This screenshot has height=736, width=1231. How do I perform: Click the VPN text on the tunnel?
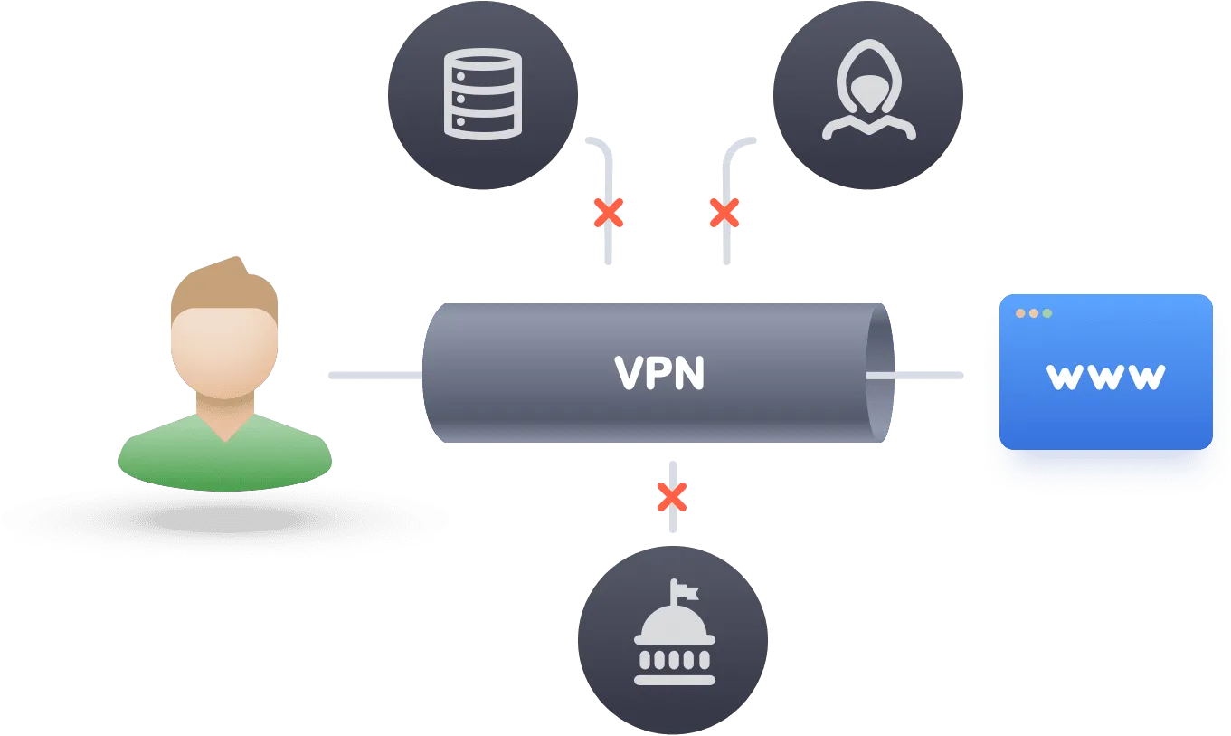point(658,373)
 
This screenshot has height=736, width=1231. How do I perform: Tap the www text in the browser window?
point(1105,377)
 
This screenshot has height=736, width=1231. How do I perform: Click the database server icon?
point(482,94)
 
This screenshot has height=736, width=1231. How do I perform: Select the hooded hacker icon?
point(868,90)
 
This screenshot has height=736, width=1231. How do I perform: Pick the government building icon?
point(675,633)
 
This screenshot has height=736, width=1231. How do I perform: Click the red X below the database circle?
point(609,213)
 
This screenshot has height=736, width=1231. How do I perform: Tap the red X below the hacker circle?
point(724,213)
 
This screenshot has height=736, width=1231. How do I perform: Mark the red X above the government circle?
point(672,497)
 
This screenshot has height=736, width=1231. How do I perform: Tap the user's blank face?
point(224,352)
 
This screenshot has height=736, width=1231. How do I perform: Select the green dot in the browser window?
point(1046,313)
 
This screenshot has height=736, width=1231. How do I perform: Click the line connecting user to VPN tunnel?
point(376,375)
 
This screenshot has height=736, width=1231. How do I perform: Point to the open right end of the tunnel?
point(880,373)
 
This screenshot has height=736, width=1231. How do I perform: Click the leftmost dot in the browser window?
point(1020,313)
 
